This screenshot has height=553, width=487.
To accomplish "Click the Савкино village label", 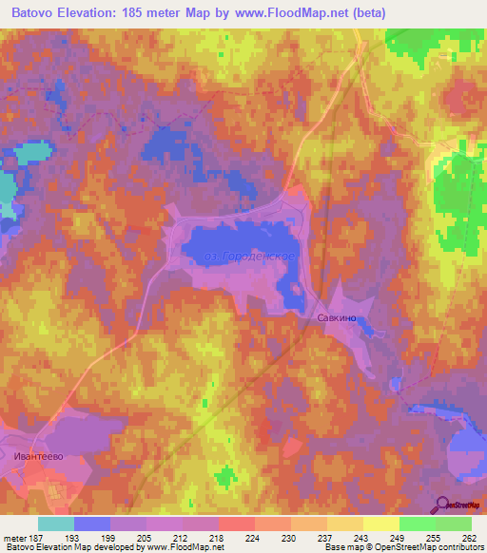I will coord(338,320).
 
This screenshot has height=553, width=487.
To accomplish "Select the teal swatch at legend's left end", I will coord(56,524).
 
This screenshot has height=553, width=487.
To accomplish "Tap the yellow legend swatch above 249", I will coord(381,524).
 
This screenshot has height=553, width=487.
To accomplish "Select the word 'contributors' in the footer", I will coord(458,547).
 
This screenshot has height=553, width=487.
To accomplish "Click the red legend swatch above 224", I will coord(237,524).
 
